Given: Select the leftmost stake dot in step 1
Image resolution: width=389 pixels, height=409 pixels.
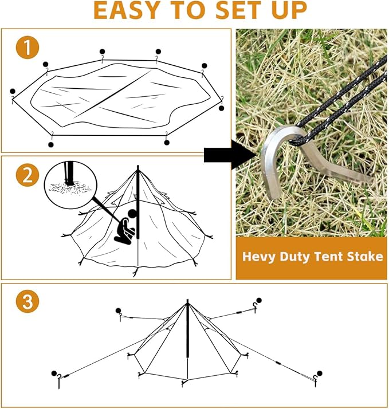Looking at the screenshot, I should (x=13, y=92).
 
